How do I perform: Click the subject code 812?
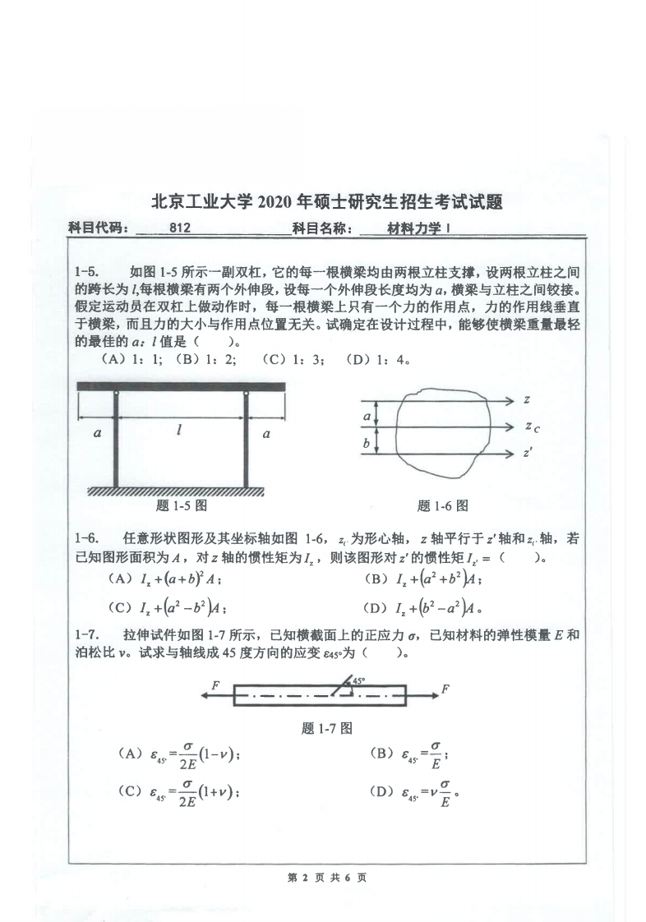[x=179, y=229]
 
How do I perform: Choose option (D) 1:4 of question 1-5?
[x=378, y=359]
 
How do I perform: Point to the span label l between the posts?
[x=179, y=430]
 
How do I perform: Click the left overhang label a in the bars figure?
[x=97, y=432]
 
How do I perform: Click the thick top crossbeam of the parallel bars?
[x=181, y=386]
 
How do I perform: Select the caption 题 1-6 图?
[x=442, y=506]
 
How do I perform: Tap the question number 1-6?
[x=87, y=538]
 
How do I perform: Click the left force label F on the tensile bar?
[x=215, y=685]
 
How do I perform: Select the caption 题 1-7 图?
[x=327, y=727]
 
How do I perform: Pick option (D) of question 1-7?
[x=416, y=794]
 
